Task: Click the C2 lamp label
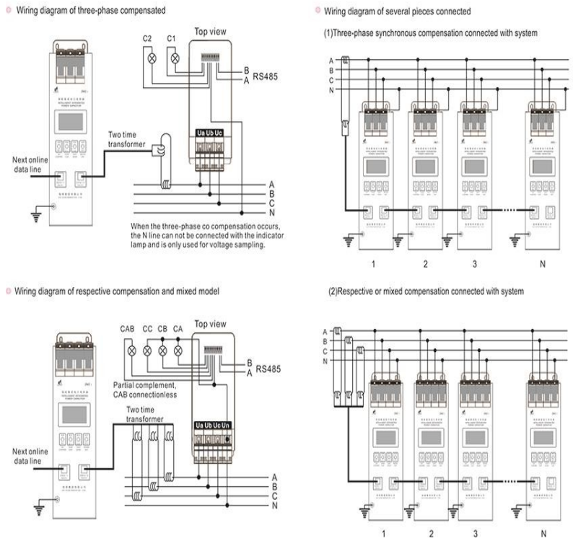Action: (149, 38)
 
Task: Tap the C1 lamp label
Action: (172, 38)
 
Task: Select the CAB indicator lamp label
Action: (128, 330)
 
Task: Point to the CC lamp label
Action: (148, 330)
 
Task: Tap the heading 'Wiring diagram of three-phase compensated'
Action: (91, 11)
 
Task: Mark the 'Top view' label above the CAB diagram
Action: (212, 325)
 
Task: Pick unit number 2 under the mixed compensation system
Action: (431, 534)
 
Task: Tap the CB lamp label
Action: (163, 330)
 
